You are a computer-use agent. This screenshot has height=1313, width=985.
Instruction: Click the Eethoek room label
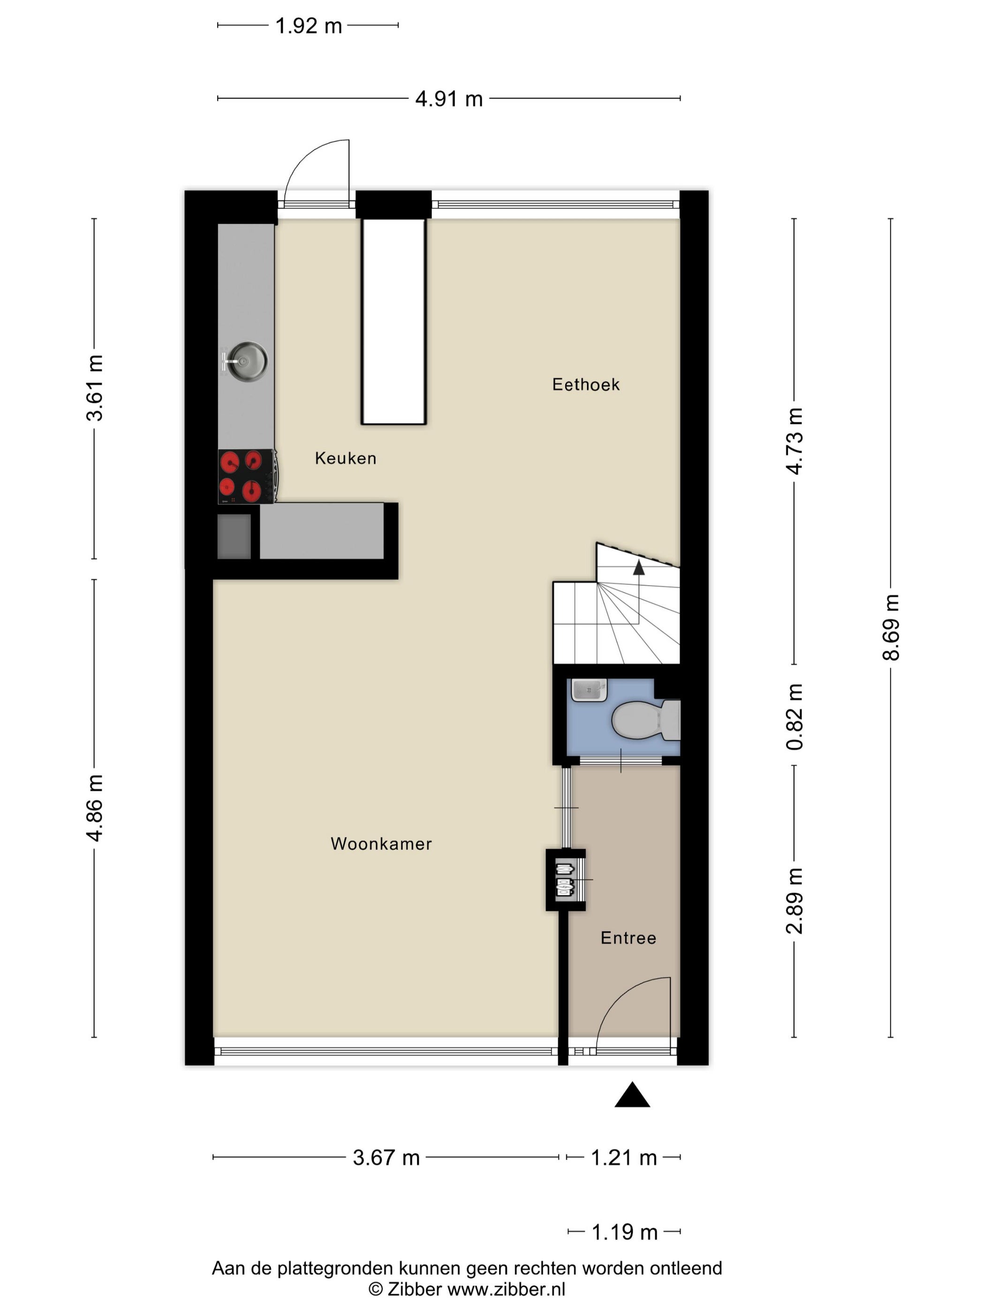click(x=585, y=385)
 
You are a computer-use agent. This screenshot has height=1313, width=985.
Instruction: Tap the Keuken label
click(x=346, y=458)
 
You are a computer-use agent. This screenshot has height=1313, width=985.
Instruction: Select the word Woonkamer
click(x=381, y=844)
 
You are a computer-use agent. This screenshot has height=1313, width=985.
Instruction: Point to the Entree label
click(x=628, y=938)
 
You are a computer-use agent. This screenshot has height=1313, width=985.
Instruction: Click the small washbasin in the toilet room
click(x=589, y=690)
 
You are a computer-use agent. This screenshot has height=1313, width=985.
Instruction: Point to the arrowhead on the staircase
click(x=639, y=567)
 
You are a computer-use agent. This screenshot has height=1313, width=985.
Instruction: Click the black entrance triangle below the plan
click(x=632, y=1095)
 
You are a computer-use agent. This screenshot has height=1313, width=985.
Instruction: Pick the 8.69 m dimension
click(x=891, y=627)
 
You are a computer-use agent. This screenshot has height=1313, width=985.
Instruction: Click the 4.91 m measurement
click(x=449, y=98)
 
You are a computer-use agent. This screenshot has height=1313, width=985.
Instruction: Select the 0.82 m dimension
click(x=795, y=717)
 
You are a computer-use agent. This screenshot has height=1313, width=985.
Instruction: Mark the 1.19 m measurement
click(x=625, y=1232)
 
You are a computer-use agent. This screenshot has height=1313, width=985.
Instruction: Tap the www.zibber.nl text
click(x=506, y=1289)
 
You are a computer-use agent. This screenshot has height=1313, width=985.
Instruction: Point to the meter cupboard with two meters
click(x=566, y=880)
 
